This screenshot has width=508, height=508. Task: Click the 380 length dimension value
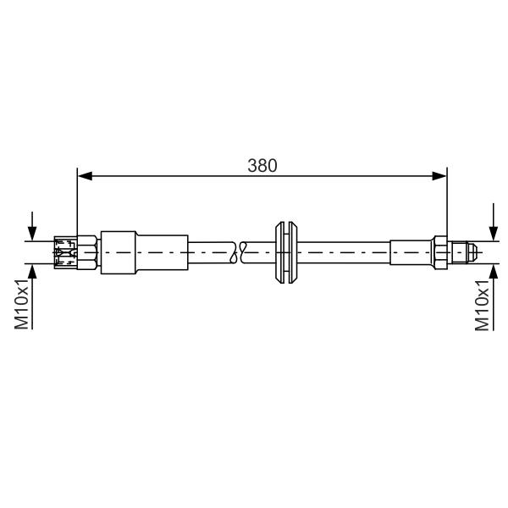[262, 166]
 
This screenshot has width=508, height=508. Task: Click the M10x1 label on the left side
[22, 304]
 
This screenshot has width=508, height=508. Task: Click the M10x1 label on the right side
[482, 305]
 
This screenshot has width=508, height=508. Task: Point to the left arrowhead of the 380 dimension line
[85, 176]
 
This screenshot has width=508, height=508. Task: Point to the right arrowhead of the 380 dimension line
[439, 176]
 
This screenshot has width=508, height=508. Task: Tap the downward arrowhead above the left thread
[32, 234]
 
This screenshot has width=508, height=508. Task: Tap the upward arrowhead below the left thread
[32, 271]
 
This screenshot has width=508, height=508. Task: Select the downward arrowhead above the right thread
[493, 234]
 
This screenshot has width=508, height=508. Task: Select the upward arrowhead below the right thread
[493, 272]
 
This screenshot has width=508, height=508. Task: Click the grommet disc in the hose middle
[286, 252]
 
